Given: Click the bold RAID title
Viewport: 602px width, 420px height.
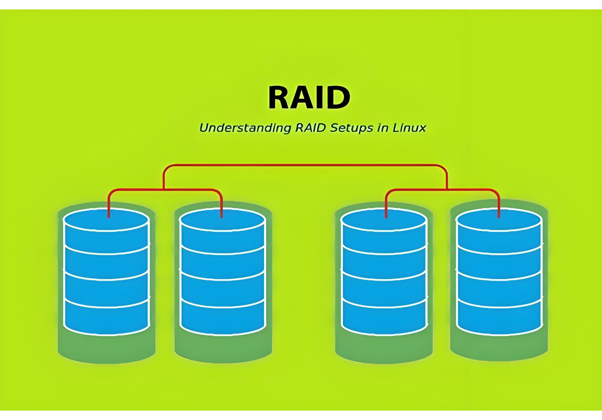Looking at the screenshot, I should click(x=309, y=98).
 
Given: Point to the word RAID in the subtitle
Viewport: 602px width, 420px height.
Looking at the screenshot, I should click(x=311, y=128).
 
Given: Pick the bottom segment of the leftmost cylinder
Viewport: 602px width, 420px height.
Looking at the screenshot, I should click(x=107, y=320).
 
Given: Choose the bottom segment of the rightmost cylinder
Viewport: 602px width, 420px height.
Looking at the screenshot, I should click(x=499, y=320).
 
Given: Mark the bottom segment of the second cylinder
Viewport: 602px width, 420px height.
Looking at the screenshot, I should click(x=223, y=320).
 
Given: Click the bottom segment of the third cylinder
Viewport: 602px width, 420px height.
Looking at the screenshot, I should click(x=384, y=320).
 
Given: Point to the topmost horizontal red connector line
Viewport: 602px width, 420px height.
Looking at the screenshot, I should click(x=306, y=165).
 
